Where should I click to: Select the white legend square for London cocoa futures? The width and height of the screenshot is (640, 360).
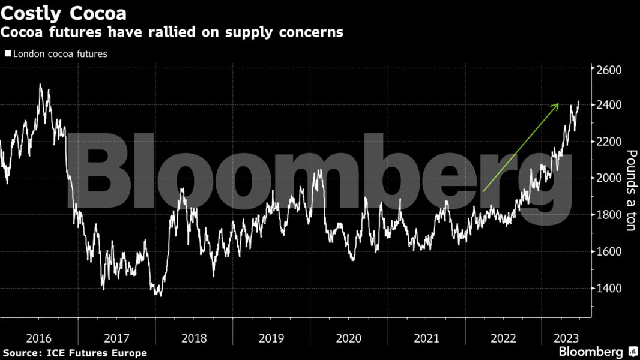point(8,53)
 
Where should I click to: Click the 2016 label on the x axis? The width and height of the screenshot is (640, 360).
point(39,338)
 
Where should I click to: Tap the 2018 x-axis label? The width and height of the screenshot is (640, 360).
point(194,338)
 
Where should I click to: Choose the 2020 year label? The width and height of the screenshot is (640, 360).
point(349,338)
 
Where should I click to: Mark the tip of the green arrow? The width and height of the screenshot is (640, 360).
point(558,104)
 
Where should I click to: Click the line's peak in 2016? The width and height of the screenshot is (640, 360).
point(40,85)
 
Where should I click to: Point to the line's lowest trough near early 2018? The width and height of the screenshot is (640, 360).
point(159,295)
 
